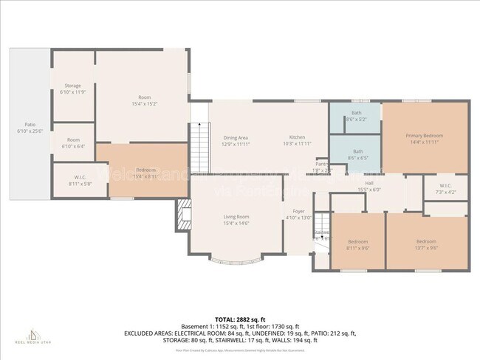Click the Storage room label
pos(72,89)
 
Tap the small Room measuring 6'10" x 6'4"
pos(73,142)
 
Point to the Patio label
pos(30,127)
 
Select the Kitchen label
pos(297,140)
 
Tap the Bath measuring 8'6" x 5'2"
pos(356,115)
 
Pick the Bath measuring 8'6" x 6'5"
pos(356,153)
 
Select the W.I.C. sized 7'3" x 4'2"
pos(445,188)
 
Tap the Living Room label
pos(236,219)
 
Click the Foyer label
pos(298,214)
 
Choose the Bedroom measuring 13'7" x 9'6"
pos(426,244)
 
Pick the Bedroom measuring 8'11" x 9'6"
pos(358,244)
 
